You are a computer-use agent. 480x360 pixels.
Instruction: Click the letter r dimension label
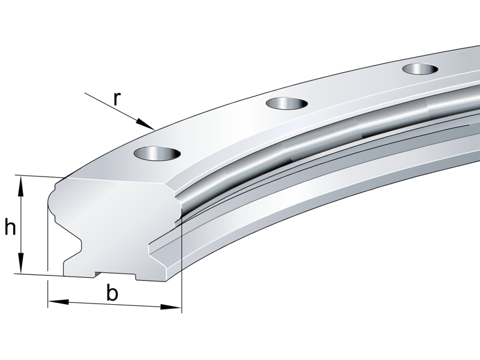point(117,98)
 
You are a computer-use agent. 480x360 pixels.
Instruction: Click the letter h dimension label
point(10,227)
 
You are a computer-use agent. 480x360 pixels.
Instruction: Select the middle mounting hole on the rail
point(286,104)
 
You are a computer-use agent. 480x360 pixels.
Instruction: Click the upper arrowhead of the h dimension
point(22,182)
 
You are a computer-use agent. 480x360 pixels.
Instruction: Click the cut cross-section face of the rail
point(114,222)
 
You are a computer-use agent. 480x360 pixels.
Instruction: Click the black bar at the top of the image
point(240,18)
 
